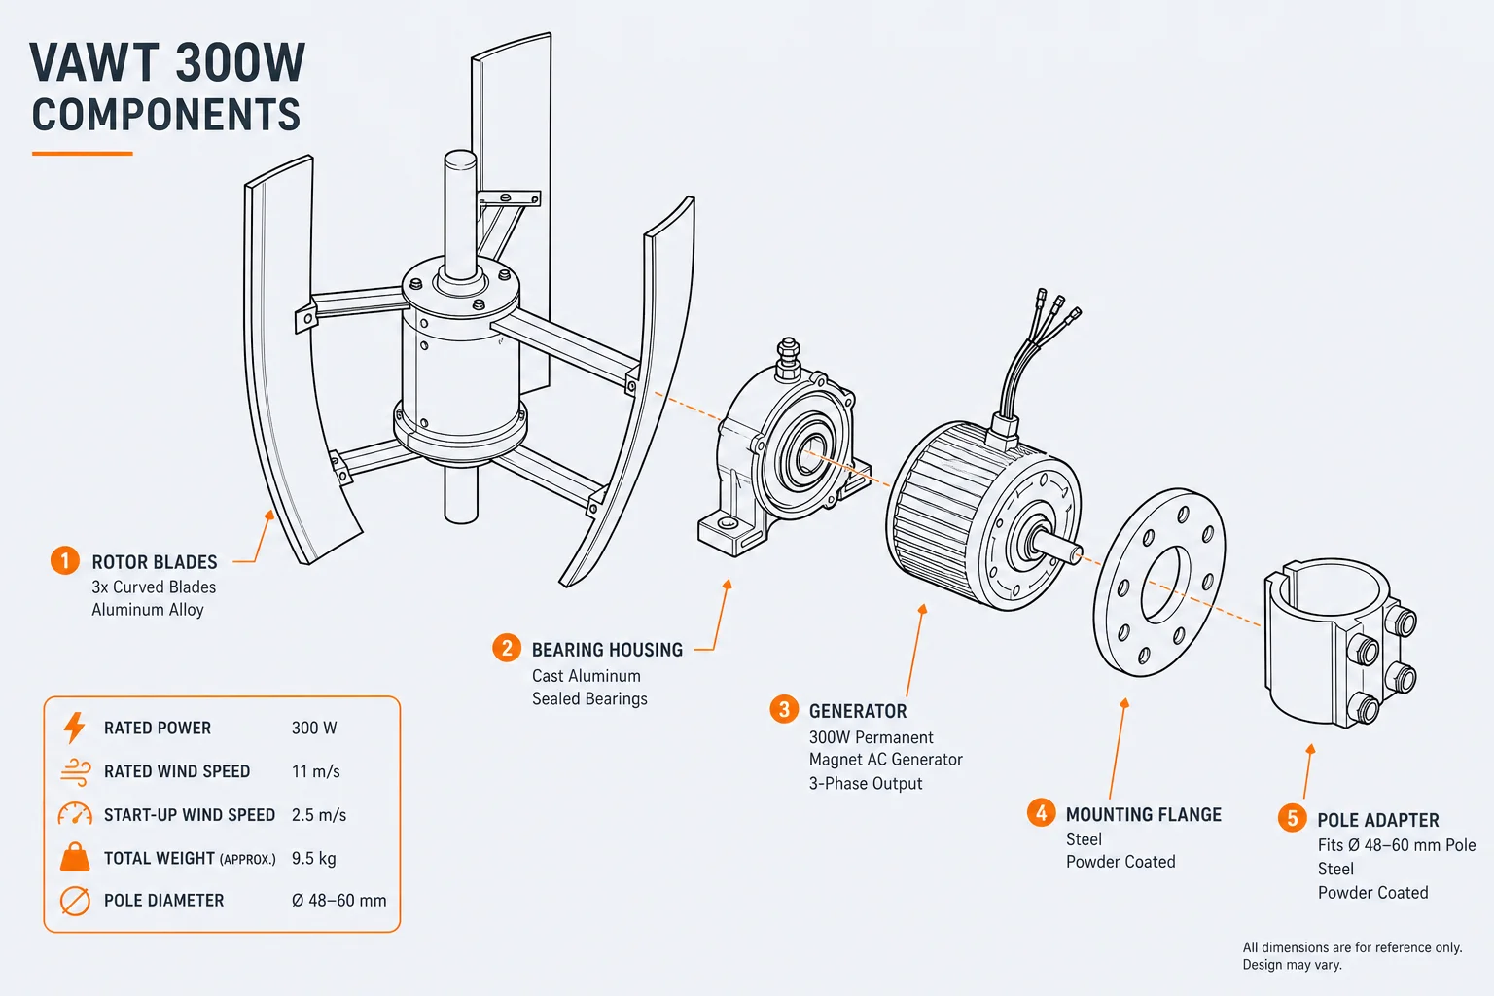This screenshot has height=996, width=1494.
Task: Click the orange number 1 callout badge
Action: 65,560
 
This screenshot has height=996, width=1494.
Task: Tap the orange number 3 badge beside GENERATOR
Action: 784,709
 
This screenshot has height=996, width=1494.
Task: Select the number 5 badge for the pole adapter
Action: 1292,818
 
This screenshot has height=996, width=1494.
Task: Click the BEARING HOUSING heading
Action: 607,650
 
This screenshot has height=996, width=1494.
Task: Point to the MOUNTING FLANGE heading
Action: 1143,814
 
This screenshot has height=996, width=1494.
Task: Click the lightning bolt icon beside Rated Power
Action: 75,728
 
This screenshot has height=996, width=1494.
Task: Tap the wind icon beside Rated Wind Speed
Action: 75,771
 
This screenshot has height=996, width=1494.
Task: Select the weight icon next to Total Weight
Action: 75,857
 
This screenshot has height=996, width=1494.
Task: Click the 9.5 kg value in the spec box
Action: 313,858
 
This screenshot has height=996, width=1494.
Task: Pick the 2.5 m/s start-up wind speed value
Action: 319,815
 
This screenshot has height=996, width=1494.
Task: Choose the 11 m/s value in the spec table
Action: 315,772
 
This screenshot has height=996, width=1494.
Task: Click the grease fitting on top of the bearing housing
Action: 788,358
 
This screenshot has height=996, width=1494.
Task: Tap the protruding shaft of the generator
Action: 1056,547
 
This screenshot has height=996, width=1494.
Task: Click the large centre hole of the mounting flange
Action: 1166,586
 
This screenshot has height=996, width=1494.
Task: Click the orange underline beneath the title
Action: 82,154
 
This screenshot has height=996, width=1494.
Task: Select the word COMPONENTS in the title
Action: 166,115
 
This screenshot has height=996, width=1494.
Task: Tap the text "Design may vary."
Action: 1292,965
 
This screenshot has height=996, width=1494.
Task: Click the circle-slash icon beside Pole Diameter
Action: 75,901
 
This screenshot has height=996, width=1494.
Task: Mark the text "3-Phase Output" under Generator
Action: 866,783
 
